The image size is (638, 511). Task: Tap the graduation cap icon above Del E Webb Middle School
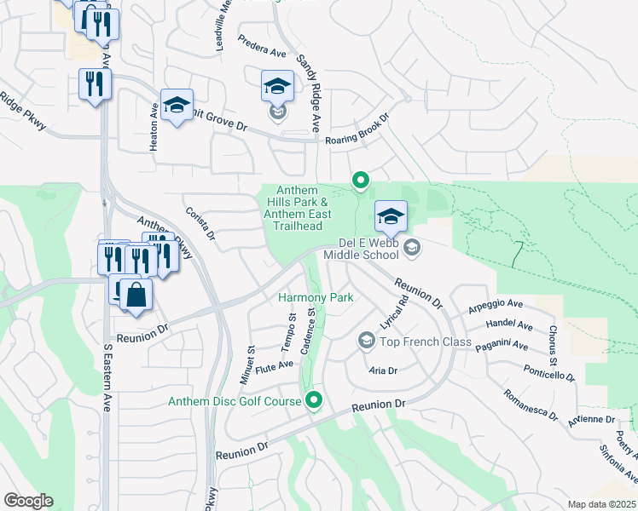click(391, 216)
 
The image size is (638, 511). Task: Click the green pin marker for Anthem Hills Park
click(361, 180)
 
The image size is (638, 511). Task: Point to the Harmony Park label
click(316, 298)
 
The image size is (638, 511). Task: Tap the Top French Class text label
click(426, 342)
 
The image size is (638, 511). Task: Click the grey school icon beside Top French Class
click(366, 342)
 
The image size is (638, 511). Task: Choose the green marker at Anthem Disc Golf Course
click(314, 399)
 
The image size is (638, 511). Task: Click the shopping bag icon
click(136, 296)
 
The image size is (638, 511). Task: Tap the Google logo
click(28, 501)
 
